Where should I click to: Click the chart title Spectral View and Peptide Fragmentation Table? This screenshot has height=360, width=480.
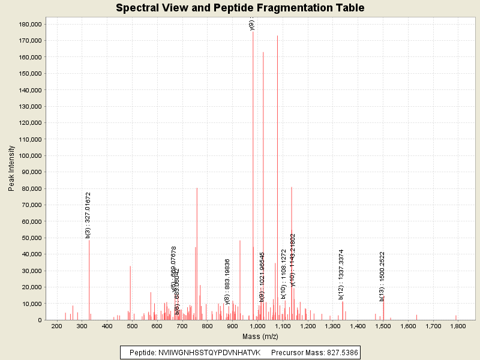[x=240, y=8]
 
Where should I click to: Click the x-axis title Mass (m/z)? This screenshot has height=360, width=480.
[x=260, y=337]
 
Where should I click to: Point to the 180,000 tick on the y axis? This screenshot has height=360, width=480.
[x=29, y=24]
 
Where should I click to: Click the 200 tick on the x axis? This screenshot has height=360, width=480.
[x=57, y=326]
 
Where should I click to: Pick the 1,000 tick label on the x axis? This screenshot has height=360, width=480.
[x=257, y=326]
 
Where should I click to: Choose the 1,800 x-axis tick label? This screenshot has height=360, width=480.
[x=458, y=326]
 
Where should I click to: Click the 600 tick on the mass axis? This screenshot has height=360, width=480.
[x=157, y=326]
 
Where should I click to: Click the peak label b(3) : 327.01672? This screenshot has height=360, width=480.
[x=88, y=215]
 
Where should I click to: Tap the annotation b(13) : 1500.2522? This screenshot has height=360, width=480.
[x=382, y=276]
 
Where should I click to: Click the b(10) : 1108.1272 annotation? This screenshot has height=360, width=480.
[x=283, y=274]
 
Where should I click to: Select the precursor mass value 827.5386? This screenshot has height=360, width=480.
[x=341, y=353]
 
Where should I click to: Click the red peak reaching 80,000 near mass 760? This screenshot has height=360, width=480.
[x=197, y=252]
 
